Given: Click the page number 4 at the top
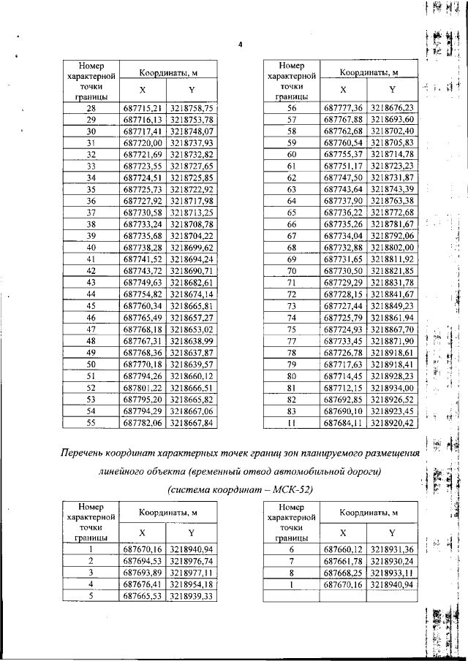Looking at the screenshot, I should [240, 46].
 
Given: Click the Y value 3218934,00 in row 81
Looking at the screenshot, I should [392, 388].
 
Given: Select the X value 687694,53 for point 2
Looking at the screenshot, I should [141, 561].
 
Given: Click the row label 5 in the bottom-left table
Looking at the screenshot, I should [91, 596].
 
